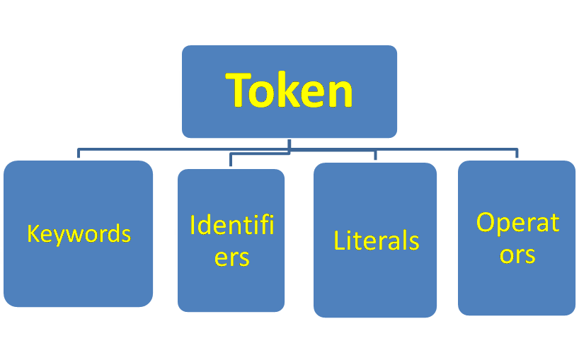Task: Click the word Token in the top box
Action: [x=289, y=91]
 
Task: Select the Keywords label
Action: [x=79, y=234]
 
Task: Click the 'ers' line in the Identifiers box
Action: [x=231, y=257]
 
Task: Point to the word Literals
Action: [x=376, y=241]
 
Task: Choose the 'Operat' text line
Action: [x=517, y=223]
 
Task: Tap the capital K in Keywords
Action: [x=33, y=233]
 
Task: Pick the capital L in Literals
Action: [x=338, y=240]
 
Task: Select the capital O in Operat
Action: [x=485, y=222]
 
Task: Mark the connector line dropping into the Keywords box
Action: [x=79, y=153]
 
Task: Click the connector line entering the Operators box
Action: [x=517, y=153]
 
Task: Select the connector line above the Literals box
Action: [x=376, y=155]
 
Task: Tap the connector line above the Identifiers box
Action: [x=231, y=159]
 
